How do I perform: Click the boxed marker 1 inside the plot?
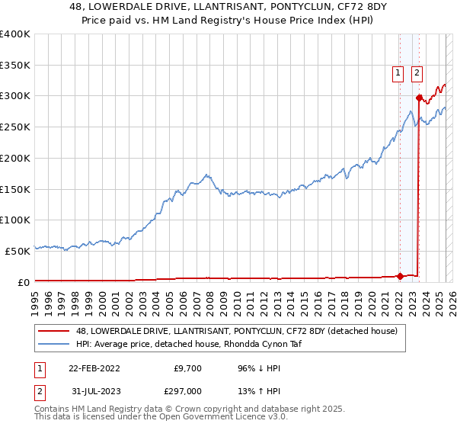click(398, 73)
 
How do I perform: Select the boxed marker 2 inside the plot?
click(417, 73)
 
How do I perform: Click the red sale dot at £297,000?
click(419, 98)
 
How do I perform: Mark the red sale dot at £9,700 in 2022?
click(400, 276)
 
